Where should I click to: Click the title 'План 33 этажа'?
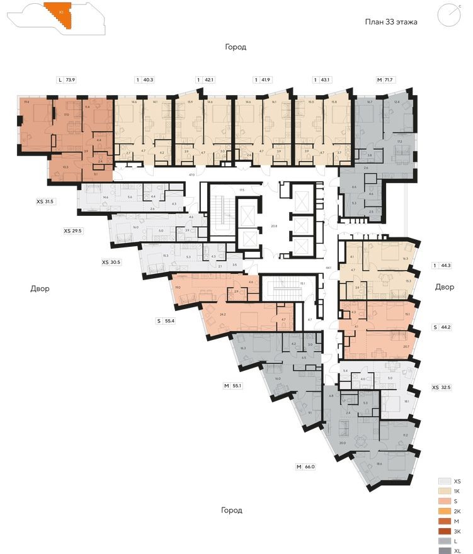(x=391, y=21)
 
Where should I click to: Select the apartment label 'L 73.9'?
(x=66, y=80)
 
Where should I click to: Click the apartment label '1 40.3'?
(x=144, y=80)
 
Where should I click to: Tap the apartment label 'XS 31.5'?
(x=46, y=201)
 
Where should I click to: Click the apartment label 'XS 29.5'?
(x=73, y=231)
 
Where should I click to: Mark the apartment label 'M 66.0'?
(x=305, y=466)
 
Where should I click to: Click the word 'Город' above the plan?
(x=236, y=47)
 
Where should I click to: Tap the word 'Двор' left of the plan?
(x=39, y=289)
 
